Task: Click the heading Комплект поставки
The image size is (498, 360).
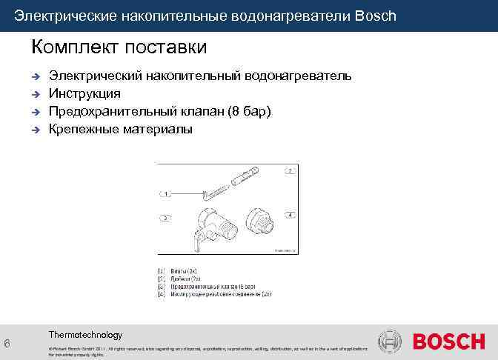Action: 119,47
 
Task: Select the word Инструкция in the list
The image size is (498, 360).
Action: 84,94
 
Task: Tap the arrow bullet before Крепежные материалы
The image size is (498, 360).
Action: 35,130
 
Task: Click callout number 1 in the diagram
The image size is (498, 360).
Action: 167,193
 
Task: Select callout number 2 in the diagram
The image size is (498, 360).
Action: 290,171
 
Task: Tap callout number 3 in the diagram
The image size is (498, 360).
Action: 166,218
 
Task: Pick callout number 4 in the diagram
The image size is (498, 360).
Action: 290,214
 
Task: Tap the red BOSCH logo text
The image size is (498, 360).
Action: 448,342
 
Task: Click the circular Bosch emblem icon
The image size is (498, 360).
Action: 390,342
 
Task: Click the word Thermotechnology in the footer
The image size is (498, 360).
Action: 85,335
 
